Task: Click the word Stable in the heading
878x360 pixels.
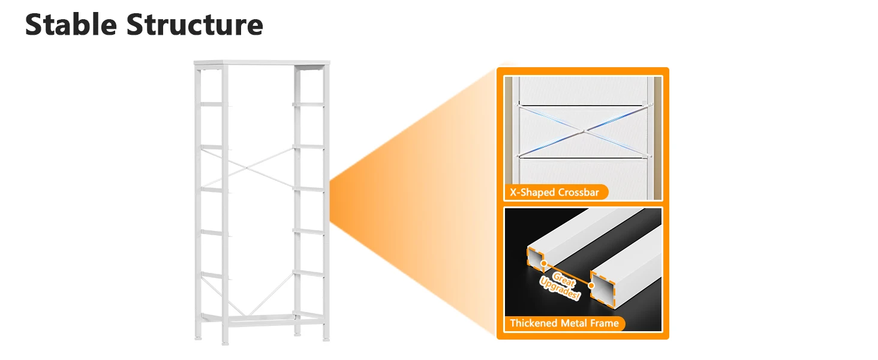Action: [x=70, y=25]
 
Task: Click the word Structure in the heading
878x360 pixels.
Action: [x=194, y=25]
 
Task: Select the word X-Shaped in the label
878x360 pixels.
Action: [x=531, y=193]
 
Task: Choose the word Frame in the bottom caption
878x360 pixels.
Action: [x=605, y=323]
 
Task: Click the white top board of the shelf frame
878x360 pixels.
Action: [x=261, y=63]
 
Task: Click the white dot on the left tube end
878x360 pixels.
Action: [x=543, y=262]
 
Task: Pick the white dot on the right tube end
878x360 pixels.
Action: [x=591, y=286]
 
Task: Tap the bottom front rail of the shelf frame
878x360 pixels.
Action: [x=261, y=325]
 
